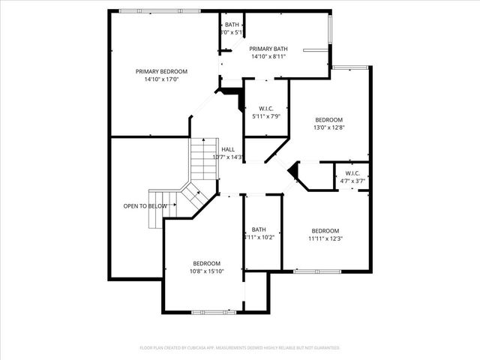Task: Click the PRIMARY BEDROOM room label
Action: point(161,71)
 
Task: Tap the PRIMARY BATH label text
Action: point(269,49)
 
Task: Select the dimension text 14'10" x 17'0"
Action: point(161,79)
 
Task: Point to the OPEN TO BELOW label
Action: point(145,205)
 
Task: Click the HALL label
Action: point(228,149)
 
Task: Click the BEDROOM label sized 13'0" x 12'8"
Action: point(328,120)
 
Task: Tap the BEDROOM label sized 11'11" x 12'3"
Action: point(325,230)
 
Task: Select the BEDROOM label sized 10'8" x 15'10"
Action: point(206,263)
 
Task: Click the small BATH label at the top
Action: point(232,25)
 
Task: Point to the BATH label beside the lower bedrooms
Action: point(259,229)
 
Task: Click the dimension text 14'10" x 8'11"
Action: point(269,57)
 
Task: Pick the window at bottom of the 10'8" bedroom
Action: point(208,311)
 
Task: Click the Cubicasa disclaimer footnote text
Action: point(240,347)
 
